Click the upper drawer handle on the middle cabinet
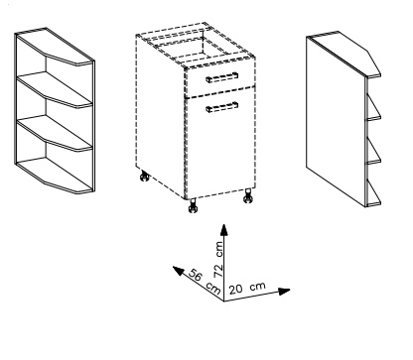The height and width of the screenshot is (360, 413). (x=221, y=77)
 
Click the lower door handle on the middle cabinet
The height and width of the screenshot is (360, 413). (x=221, y=107)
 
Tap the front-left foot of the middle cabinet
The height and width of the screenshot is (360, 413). (x=193, y=206)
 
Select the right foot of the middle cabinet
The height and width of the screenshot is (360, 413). (x=248, y=195)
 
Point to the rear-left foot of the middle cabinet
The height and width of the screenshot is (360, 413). (x=144, y=176)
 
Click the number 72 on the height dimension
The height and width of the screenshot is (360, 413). (x=218, y=271)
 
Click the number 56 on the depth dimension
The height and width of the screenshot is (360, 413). (x=196, y=275)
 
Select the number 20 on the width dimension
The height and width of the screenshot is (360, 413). (x=236, y=290)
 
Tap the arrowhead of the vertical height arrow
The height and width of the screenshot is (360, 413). (x=224, y=230)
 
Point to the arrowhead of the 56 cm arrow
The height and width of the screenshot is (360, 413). (x=178, y=271)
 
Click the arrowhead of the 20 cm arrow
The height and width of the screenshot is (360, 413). (x=284, y=292)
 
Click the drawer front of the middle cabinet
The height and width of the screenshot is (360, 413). (x=220, y=78)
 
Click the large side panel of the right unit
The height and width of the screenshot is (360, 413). (x=336, y=122)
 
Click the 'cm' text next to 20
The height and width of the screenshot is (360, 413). (x=258, y=286)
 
